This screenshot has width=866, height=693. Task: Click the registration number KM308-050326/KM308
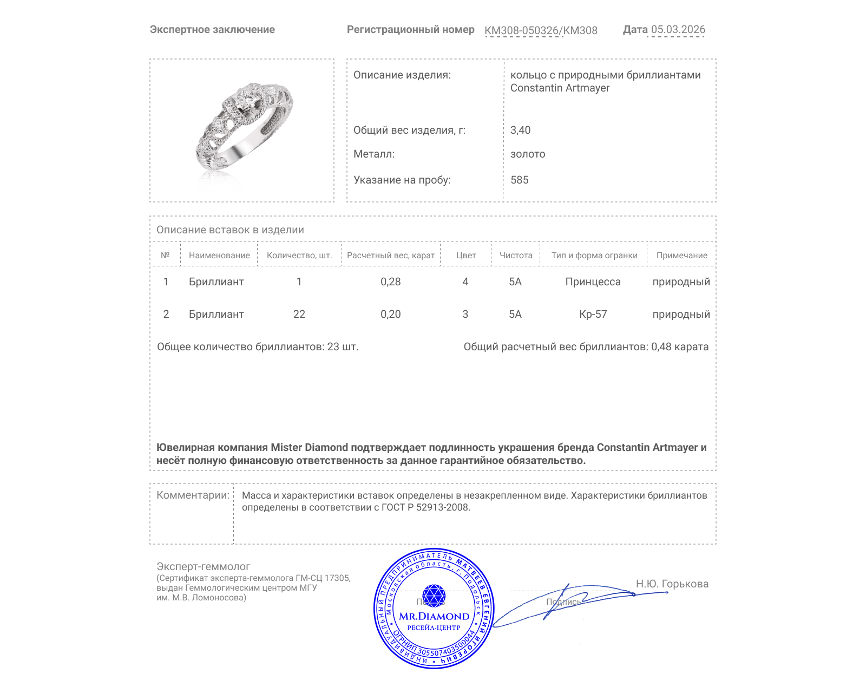coord(541,30)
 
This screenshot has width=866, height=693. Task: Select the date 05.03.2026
coord(678,30)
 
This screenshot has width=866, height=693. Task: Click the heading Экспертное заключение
coord(212,30)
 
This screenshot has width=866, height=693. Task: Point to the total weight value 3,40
coord(520,130)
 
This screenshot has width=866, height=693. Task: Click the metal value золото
coord(528,154)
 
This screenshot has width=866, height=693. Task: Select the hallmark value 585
coord(520,180)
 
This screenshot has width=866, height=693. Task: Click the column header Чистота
coord(516,256)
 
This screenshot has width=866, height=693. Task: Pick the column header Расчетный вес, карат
coord(391,256)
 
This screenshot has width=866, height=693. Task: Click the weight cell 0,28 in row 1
coord(391,282)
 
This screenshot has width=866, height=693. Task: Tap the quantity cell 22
coord(299,314)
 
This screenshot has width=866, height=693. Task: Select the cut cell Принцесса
coord(593,282)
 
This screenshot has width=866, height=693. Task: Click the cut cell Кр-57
coord(593,314)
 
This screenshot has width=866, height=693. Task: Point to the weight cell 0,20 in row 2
coord(391,314)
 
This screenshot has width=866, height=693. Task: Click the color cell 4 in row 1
coord(465,282)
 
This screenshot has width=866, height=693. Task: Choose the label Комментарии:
coord(193,495)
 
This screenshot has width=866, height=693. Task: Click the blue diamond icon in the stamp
coord(434,595)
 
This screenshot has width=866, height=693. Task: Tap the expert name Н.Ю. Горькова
coord(672,584)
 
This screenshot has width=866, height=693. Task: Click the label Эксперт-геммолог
coord(204,566)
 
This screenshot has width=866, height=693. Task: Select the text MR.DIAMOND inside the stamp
coord(434,616)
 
